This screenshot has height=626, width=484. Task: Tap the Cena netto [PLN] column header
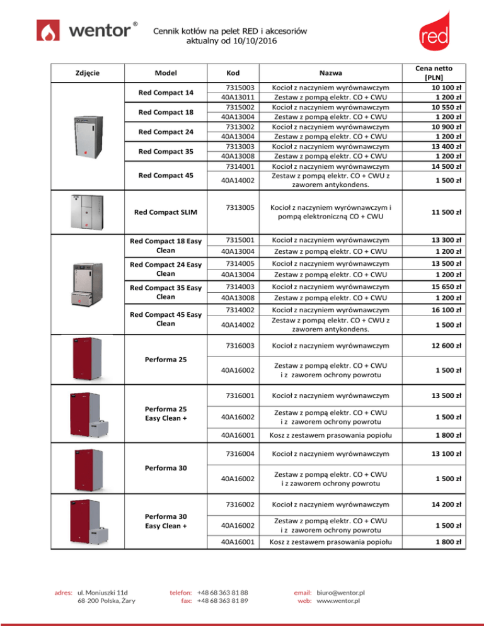(442, 72)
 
